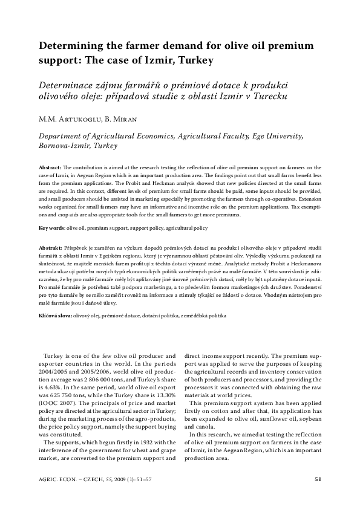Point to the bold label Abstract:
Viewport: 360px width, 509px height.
click(50, 166)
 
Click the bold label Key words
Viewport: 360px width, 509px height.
click(51, 229)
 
